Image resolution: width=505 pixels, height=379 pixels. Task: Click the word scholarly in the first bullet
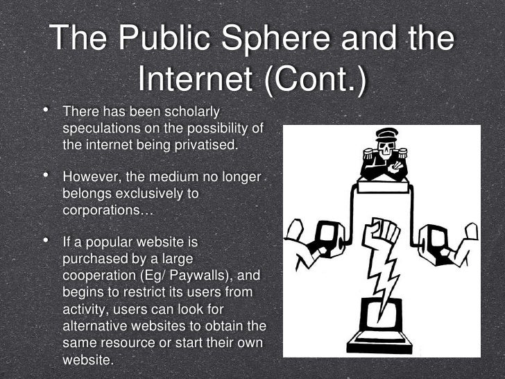[189, 112]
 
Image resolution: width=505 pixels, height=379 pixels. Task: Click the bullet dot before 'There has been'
[46, 110]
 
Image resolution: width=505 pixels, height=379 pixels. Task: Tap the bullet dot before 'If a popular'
[46, 242]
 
